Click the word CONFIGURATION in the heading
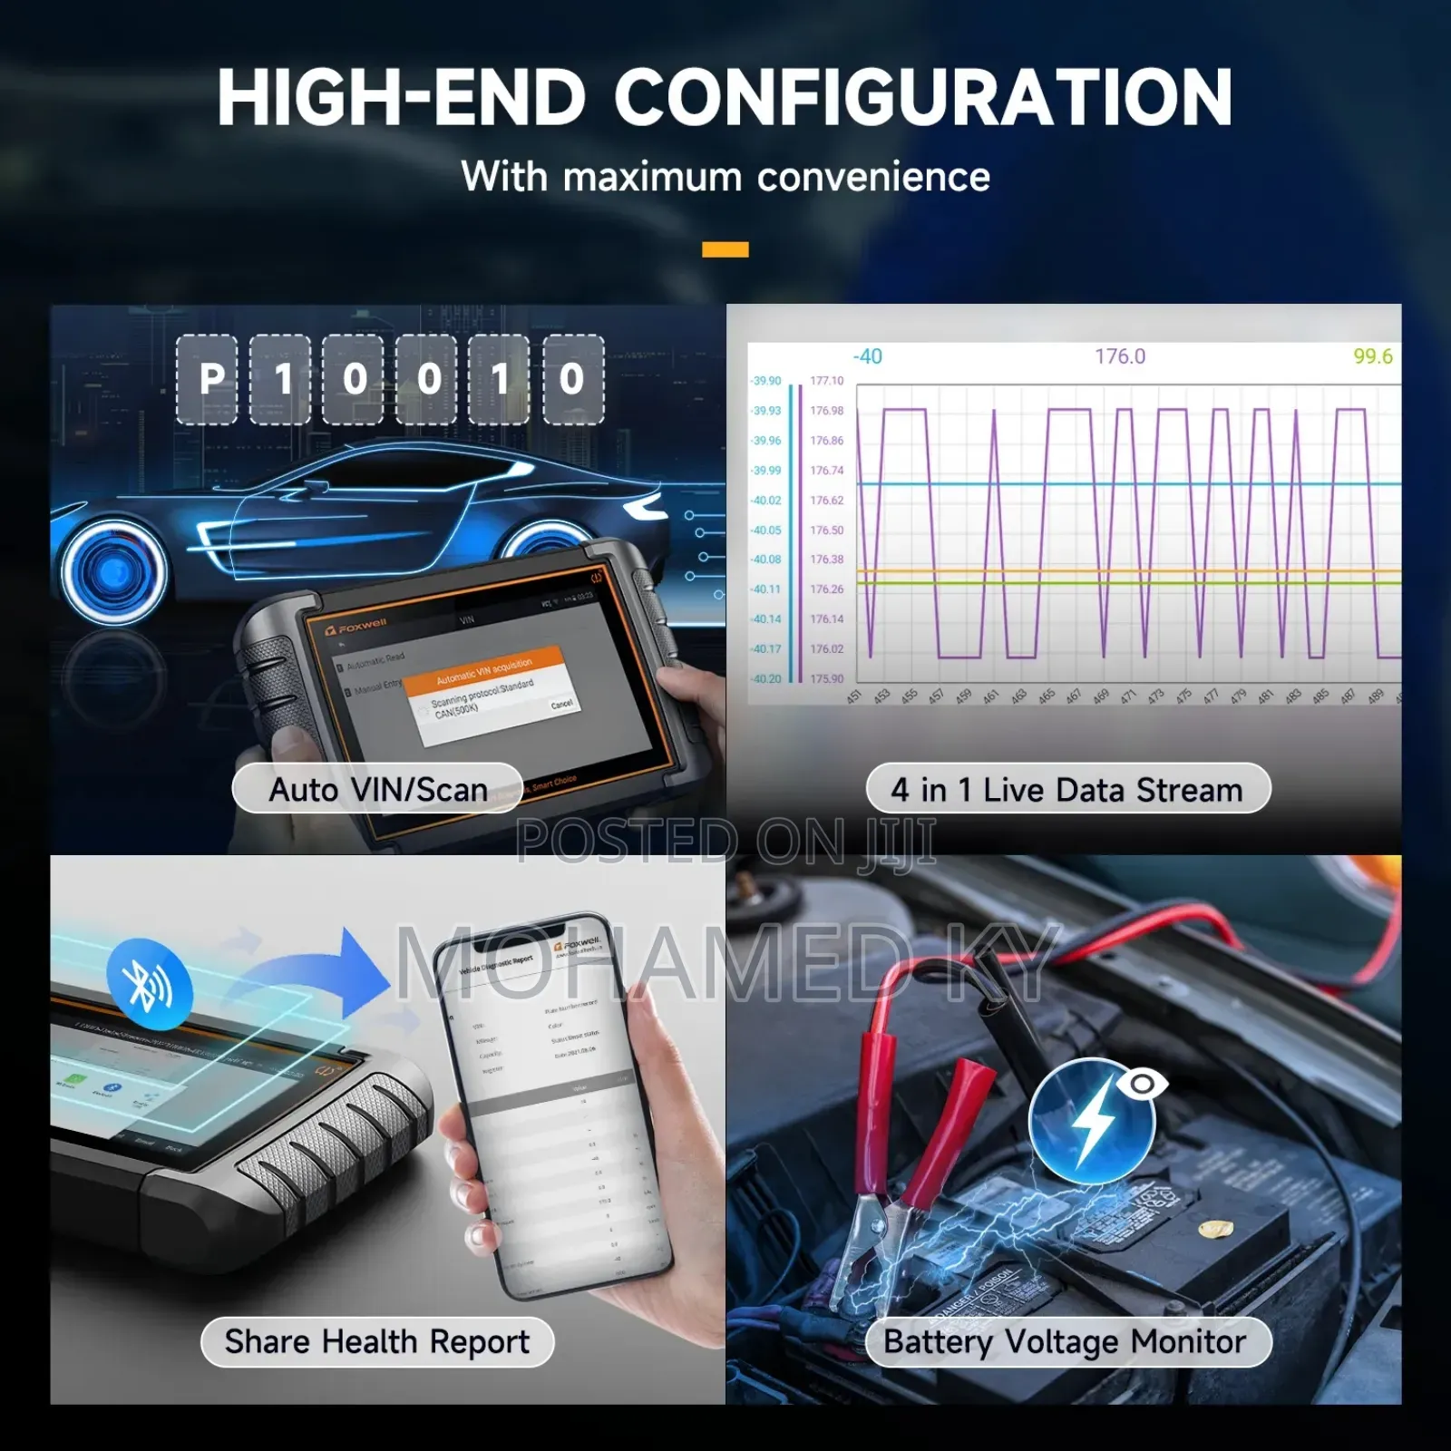tap(923, 98)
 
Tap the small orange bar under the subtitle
tap(725, 249)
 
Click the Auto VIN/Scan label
tap(377, 789)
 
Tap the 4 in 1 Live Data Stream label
tap(1067, 789)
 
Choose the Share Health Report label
tap(376, 1341)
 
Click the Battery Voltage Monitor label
tap(1066, 1341)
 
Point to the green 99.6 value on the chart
tap(1372, 356)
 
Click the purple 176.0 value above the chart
tap(1119, 356)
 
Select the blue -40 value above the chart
tap(867, 356)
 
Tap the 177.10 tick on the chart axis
tap(826, 381)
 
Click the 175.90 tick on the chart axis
tap(826, 678)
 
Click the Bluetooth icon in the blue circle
tap(149, 985)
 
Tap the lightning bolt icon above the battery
tap(1093, 1119)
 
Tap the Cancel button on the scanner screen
tap(561, 705)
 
